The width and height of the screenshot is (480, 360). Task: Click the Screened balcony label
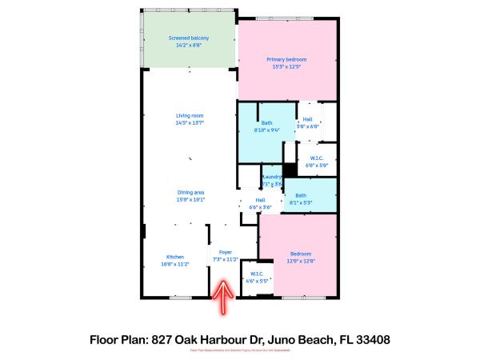click(x=189, y=38)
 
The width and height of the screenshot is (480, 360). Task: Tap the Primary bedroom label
click(x=286, y=59)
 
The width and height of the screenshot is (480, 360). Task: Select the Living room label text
click(x=190, y=116)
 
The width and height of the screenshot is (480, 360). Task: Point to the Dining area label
click(x=190, y=192)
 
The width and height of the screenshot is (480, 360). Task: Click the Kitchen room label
click(x=175, y=257)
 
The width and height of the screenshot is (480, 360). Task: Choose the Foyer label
click(x=226, y=252)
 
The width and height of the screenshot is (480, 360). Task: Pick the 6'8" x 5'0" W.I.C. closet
click(x=317, y=159)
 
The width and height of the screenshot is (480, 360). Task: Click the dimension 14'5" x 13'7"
click(x=190, y=122)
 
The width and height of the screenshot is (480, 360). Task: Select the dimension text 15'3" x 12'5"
click(x=286, y=66)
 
